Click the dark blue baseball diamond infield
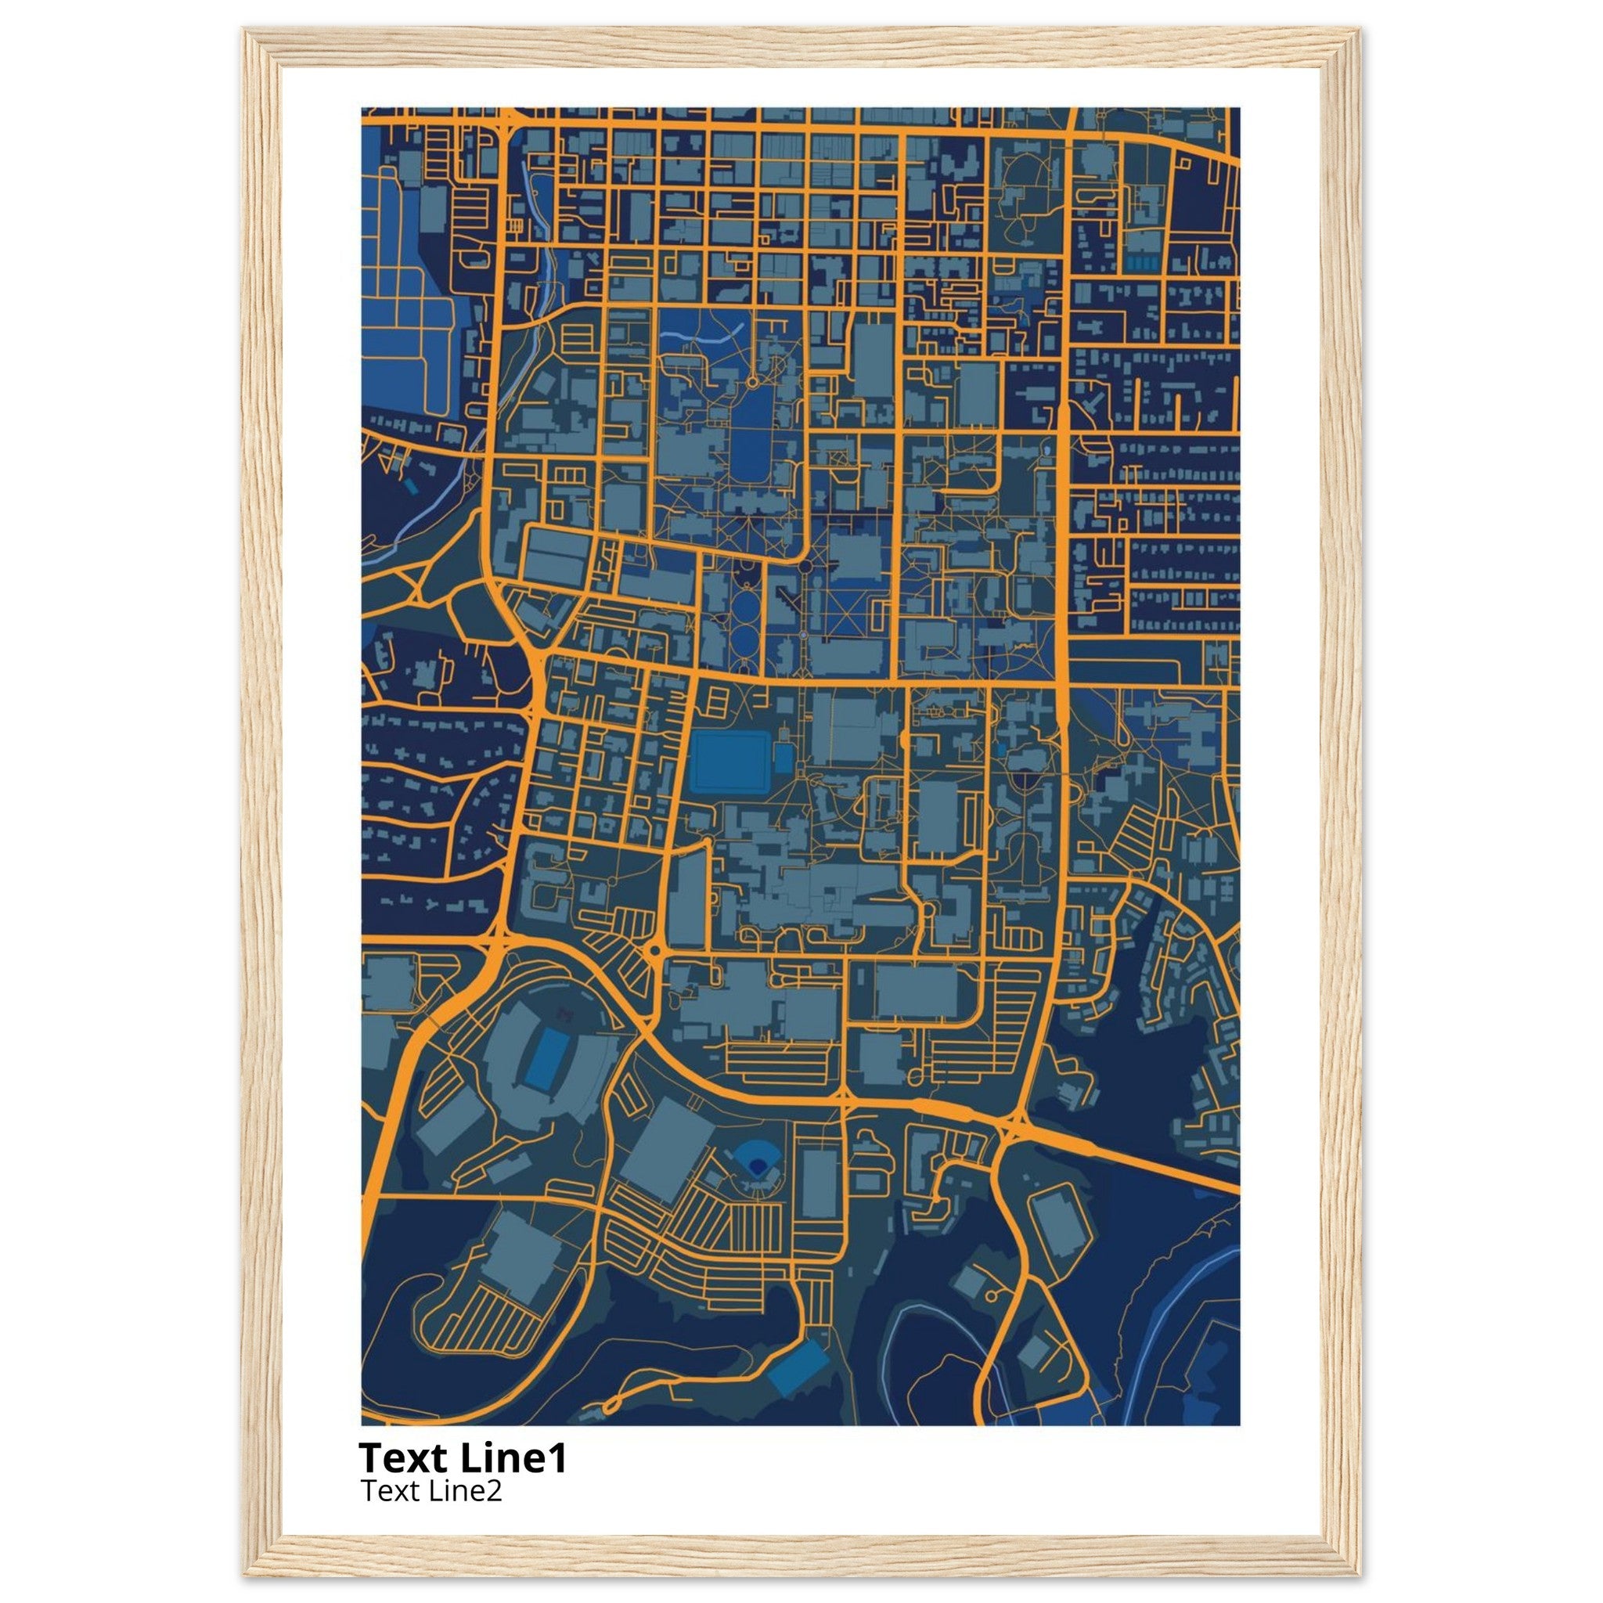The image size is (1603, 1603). click(755, 1165)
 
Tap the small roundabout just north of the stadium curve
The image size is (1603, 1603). click(654, 949)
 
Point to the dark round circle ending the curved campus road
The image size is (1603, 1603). click(805, 566)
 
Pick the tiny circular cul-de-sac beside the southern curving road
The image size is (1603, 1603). click(992, 1297)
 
